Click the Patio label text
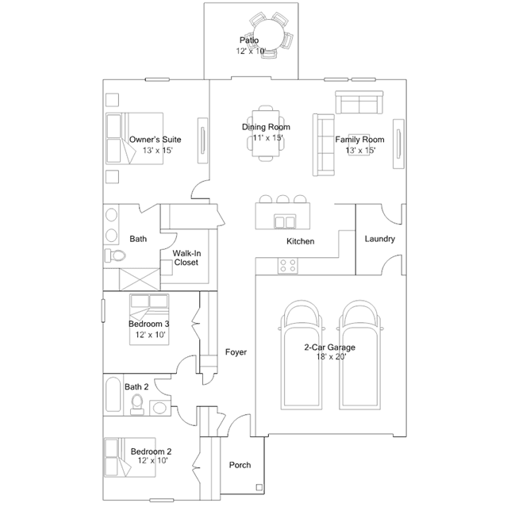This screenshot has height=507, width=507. tap(249, 40)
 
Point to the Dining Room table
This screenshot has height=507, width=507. tap(267, 133)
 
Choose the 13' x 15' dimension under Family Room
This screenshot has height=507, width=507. tap(359, 150)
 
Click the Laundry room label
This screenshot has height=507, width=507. tap(379, 239)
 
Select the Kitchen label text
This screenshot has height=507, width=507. tap(301, 241)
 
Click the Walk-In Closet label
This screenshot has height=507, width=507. tap(186, 258)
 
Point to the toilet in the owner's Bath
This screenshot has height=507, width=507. tap(115, 255)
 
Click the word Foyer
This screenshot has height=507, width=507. tap(236, 351)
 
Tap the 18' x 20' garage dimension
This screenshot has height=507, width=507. tap(329, 357)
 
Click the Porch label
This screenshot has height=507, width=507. tap(240, 465)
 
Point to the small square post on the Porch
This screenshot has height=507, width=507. tap(258, 488)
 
